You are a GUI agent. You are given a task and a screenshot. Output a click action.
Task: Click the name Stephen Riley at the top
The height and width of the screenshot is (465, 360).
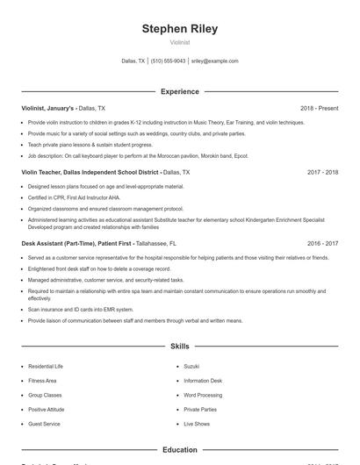point(179,28)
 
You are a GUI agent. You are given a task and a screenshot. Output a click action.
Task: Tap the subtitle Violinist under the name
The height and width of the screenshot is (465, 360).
point(179,42)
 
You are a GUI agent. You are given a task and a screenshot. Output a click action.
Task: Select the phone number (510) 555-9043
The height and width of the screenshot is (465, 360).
point(168,61)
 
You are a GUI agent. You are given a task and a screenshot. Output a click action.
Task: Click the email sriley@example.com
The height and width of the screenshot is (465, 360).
point(214,61)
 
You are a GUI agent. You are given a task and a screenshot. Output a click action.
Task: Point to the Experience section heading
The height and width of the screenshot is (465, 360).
point(179,91)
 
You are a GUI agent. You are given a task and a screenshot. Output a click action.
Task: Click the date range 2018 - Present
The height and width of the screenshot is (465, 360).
point(319,108)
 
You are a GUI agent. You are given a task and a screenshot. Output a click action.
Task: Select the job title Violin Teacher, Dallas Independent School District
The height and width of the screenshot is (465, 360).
point(91,173)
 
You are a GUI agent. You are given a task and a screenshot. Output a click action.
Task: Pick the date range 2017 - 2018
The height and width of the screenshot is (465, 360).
point(322,173)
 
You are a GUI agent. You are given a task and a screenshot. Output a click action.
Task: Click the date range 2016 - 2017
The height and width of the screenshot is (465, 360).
point(322,243)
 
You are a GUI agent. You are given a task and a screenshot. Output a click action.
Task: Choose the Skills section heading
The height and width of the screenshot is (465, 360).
point(179,347)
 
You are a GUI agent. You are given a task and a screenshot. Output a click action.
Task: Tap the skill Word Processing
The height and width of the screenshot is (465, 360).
point(202,394)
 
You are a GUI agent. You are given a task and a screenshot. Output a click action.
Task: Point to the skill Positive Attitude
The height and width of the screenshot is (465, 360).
point(46,409)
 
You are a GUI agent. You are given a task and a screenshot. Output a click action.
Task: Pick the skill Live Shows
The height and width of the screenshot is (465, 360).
point(197,424)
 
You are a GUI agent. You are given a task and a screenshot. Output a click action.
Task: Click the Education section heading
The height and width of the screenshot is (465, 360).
point(179,450)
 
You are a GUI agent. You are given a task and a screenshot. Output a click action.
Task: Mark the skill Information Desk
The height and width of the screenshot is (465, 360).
point(203,380)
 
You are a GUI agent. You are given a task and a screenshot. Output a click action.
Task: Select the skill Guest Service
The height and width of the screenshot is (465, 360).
point(44,424)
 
